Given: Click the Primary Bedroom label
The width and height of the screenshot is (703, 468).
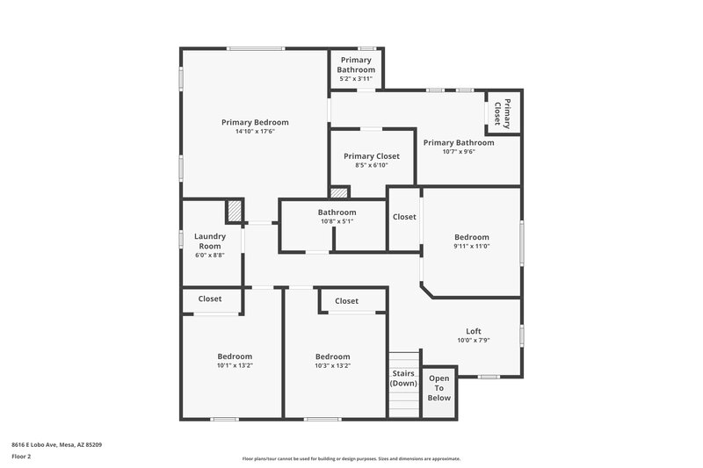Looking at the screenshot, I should click(255, 122).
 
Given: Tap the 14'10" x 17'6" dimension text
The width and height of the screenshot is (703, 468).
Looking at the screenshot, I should click(255, 132).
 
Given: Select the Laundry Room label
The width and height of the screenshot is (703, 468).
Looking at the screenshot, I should click(210, 241).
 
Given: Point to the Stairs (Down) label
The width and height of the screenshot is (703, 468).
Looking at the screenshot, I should click(403, 378).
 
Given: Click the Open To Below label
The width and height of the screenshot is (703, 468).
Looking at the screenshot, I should click(438, 387).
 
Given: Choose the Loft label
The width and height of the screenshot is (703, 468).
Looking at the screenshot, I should click(473, 331).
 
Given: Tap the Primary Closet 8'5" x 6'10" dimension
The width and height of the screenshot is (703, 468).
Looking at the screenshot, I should click(372, 165).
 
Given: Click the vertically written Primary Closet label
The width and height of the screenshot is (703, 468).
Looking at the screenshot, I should click(502, 112).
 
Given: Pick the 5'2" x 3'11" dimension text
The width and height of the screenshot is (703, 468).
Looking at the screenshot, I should click(356, 79).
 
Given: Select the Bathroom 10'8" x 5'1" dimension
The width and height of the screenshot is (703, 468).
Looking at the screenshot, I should click(337, 221).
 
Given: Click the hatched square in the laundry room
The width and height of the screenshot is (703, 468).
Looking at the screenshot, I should click(234, 212).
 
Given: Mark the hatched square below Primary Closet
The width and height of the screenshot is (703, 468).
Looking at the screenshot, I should click(339, 192).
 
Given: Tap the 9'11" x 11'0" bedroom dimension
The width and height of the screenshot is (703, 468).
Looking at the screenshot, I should click(471, 246).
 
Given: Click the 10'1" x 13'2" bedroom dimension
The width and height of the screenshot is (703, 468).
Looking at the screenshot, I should click(235, 365).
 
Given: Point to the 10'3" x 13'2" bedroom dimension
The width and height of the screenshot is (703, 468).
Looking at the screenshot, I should click(333, 365).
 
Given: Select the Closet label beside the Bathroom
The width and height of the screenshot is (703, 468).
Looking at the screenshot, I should click(404, 217).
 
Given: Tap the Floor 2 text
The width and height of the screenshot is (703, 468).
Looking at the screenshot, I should click(21, 457).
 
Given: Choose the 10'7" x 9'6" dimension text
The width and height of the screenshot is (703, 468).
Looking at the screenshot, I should click(458, 151).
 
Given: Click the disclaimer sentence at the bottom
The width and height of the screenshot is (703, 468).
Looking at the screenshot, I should click(351, 458).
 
